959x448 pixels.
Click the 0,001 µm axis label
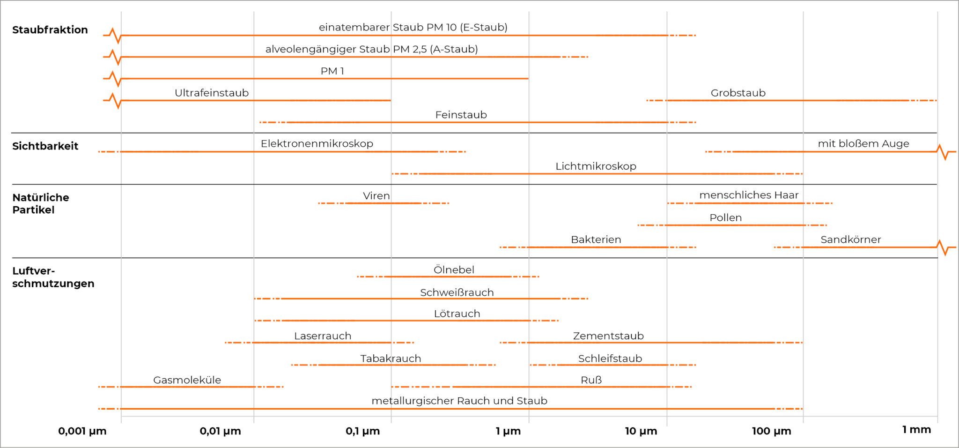click(x=82, y=431)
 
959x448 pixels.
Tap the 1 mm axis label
click(x=916, y=430)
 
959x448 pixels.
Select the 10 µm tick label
click(x=641, y=431)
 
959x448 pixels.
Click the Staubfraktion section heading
click(x=50, y=30)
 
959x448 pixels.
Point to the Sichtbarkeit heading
click(x=45, y=146)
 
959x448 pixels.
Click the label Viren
click(x=376, y=195)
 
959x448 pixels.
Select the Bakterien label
click(x=596, y=239)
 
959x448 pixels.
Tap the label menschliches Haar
click(x=749, y=195)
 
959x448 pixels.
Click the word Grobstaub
click(x=738, y=93)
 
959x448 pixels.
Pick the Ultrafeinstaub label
click(x=212, y=93)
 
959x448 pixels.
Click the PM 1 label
click(x=332, y=71)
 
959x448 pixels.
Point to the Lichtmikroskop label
click(x=596, y=166)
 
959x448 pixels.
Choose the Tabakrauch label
click(x=391, y=358)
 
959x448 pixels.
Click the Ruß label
click(x=591, y=380)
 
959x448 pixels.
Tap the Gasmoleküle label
click(x=187, y=380)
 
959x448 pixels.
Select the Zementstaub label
click(x=608, y=336)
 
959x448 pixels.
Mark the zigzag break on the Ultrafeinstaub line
click(x=115, y=100)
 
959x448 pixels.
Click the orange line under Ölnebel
click(x=448, y=276)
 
